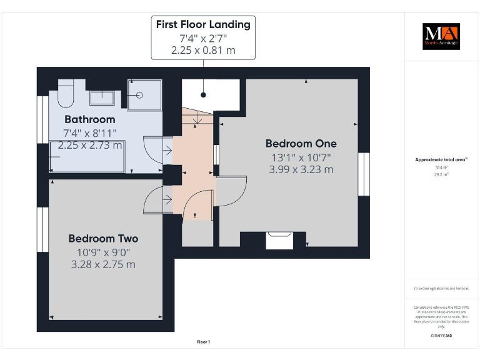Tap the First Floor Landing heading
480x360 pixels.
click(x=203, y=24)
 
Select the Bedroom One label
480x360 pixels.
click(x=301, y=142)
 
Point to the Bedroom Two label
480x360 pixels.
click(x=103, y=238)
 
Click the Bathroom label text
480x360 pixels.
click(x=90, y=119)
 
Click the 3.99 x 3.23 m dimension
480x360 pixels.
click(x=301, y=169)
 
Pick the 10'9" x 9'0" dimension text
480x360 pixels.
click(x=103, y=252)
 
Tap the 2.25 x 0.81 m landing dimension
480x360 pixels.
click(x=203, y=50)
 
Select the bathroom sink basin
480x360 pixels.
click(x=101, y=97)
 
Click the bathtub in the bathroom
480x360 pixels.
click(x=87, y=156)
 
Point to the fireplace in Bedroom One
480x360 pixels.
click(x=279, y=240)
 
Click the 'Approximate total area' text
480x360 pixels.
click(x=441, y=160)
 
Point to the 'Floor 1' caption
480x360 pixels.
click(x=203, y=342)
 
